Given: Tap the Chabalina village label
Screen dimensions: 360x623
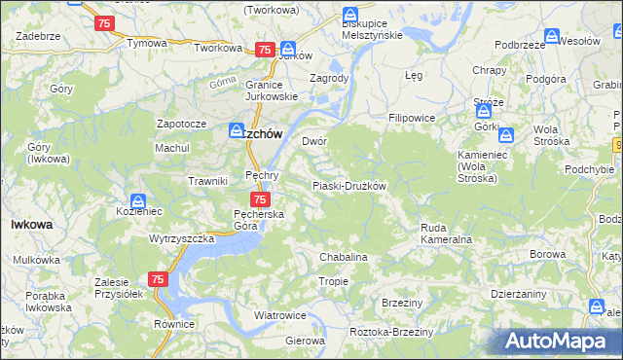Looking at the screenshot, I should click(344, 257).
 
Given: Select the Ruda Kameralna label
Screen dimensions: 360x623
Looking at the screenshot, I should click(446, 234).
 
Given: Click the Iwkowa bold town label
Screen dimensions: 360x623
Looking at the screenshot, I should click(31, 224).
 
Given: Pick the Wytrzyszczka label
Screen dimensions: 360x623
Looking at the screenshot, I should click(181, 238).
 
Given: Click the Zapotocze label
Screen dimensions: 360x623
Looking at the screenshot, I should click(181, 125).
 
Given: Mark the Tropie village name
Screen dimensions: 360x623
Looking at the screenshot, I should click(334, 281).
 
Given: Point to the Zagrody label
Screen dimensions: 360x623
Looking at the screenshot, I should click(328, 78).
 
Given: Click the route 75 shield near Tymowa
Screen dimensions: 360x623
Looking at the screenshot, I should click(104, 22).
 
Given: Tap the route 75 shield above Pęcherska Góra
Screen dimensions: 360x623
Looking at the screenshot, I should click(246, 198).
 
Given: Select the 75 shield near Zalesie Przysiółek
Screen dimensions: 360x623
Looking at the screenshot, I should click(160, 279).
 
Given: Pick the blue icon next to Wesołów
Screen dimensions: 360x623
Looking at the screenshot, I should click(552, 37).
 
